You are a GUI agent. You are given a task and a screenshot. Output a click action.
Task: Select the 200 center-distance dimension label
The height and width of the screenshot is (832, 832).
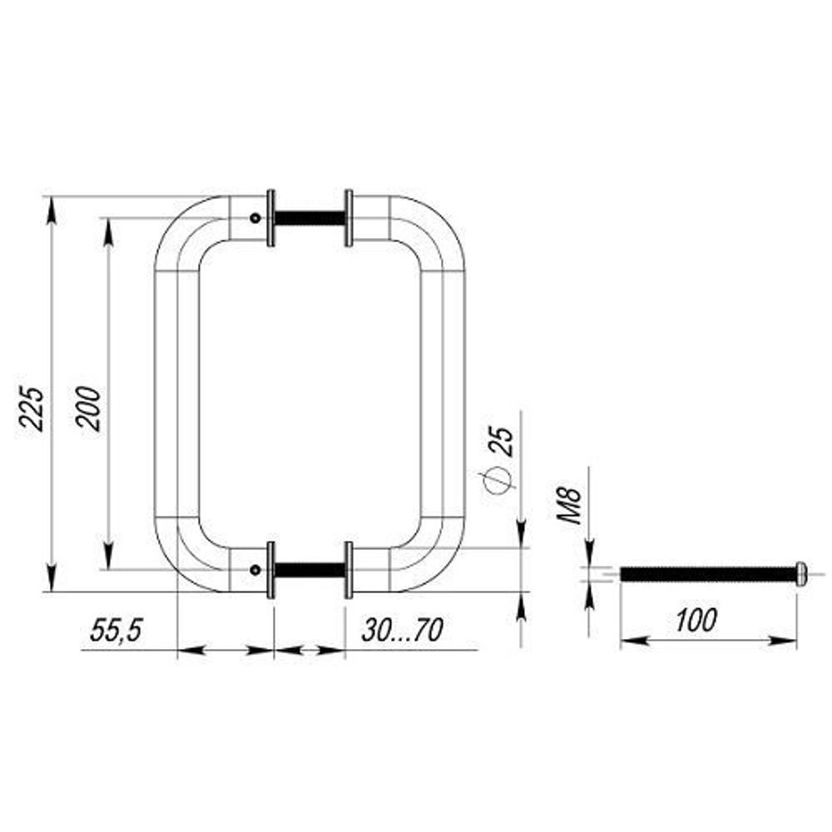[x=89, y=407]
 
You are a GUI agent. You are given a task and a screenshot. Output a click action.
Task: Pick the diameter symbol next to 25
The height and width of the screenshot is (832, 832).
[x=497, y=480]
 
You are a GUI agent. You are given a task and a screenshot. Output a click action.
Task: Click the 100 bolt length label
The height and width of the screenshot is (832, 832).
[x=695, y=620]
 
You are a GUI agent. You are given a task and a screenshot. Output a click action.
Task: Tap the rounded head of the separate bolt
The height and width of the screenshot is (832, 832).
[x=802, y=573]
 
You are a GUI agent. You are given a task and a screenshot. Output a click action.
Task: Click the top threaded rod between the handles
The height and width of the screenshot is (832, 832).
[x=309, y=219]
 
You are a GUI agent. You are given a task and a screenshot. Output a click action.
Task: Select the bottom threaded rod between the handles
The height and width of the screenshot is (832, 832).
[x=309, y=570]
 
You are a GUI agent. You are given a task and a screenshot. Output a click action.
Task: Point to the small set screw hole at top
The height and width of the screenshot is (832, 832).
[x=255, y=219]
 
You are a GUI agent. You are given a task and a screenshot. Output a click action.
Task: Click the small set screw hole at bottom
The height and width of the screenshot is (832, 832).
[x=255, y=570]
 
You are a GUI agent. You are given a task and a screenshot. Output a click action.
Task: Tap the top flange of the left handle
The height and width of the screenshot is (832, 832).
[x=270, y=219]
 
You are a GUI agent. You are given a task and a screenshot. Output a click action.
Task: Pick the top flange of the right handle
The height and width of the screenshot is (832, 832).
[x=349, y=219]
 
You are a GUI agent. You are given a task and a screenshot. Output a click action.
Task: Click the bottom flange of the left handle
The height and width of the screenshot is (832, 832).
[x=270, y=570]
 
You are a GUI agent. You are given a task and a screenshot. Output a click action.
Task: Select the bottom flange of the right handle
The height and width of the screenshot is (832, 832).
[x=349, y=570]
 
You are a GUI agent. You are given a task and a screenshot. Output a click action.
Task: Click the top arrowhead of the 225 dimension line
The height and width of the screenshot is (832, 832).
[x=52, y=209]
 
